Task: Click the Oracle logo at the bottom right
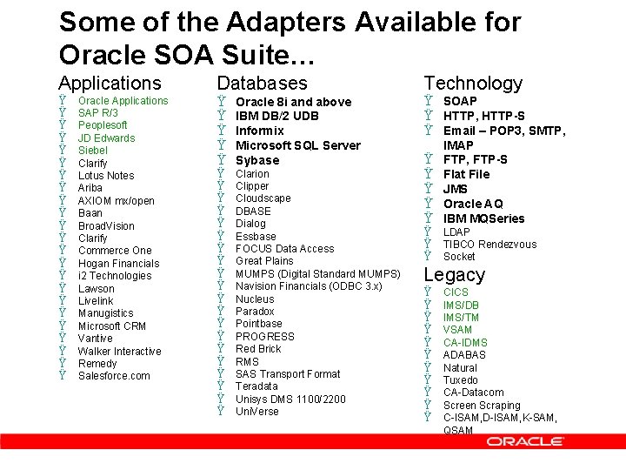coord(524,442)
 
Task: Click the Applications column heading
coord(110,84)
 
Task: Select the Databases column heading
coord(262,84)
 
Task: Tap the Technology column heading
coord(473,84)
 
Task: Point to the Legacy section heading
coord(454,275)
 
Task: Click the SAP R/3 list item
coord(98,113)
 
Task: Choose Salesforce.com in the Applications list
coord(114,376)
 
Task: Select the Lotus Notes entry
coord(106,176)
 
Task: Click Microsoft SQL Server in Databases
coord(297,145)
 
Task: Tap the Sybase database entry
coord(257,160)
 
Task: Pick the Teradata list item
coord(256,386)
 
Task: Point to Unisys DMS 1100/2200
coord(290,399)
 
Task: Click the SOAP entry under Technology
coord(460,101)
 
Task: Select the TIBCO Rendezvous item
coord(489,245)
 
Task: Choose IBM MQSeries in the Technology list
coord(484,218)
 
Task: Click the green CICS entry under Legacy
coord(456,292)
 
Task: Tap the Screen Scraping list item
coord(482,406)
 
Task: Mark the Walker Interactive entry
coord(119,352)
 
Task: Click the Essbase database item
coord(256,236)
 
